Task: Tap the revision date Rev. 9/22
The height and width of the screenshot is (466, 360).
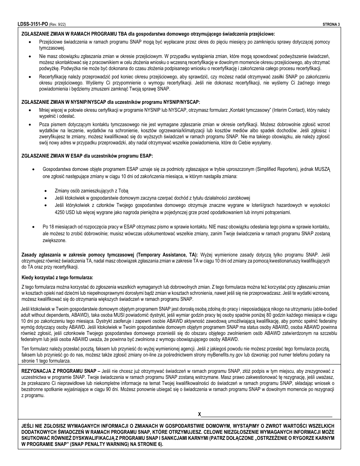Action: pos(58,24)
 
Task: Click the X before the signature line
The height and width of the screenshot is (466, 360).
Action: pos(199,414)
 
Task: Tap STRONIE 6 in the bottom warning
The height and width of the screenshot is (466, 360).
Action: pos(147,444)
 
